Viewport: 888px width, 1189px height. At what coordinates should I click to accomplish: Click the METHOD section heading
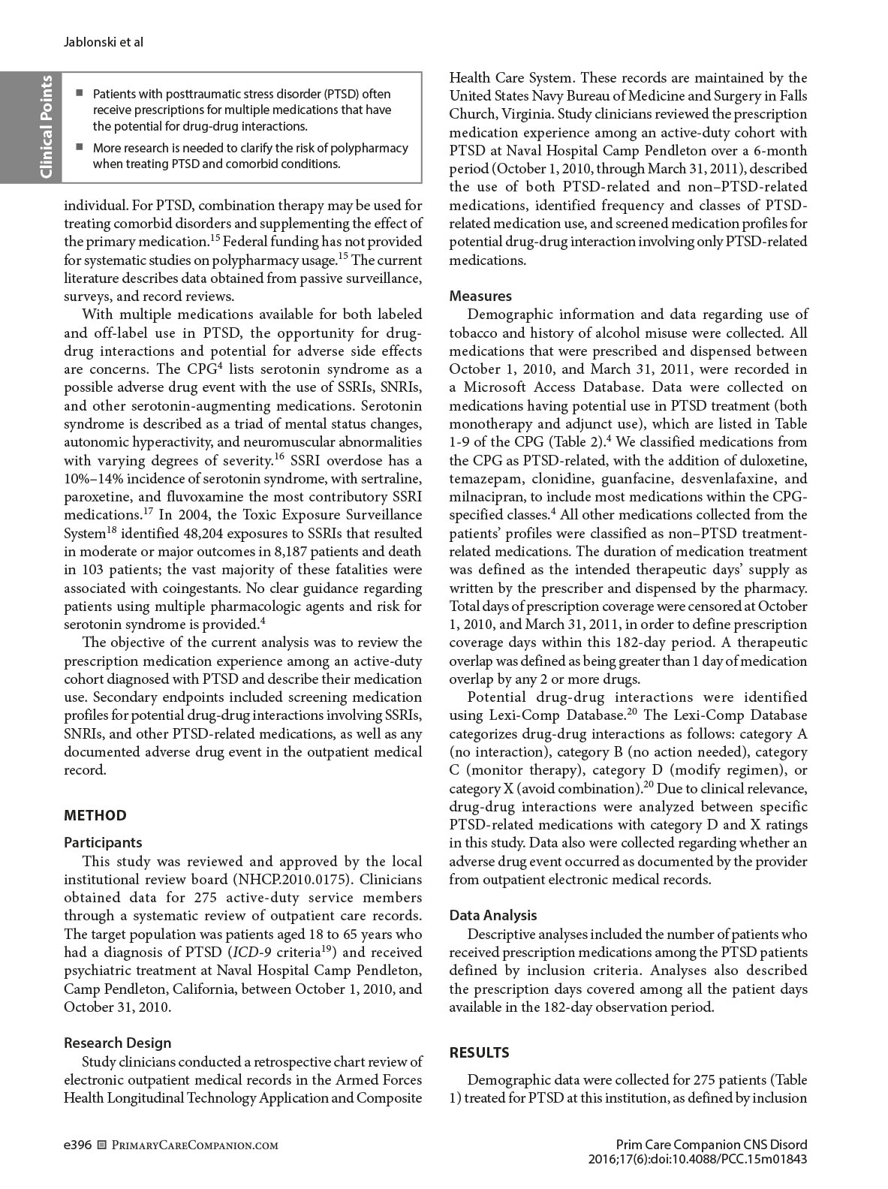[x=95, y=815]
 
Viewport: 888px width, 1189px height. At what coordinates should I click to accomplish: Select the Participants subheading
[x=103, y=843]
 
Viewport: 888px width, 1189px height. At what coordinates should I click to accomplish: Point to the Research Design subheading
[x=117, y=1043]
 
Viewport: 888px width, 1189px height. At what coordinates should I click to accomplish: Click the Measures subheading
[x=480, y=296]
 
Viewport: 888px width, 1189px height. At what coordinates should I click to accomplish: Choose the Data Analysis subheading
[x=493, y=915]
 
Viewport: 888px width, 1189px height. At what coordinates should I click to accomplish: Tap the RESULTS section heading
[x=479, y=1052]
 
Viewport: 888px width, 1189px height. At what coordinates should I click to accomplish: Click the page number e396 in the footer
[x=77, y=1145]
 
